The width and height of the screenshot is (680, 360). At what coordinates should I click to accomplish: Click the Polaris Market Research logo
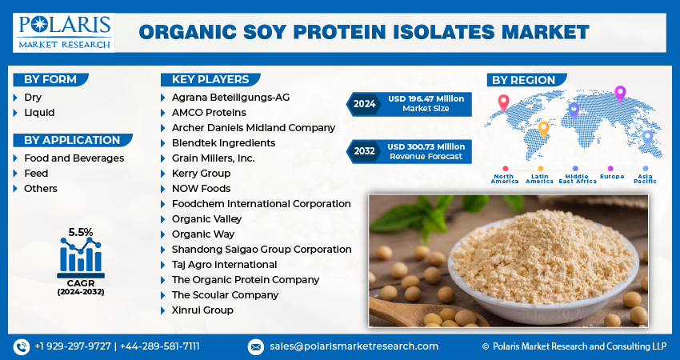tap(63, 31)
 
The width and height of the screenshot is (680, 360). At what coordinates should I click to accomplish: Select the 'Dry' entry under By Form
tap(33, 98)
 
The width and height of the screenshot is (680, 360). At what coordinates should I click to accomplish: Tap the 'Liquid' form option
tap(39, 113)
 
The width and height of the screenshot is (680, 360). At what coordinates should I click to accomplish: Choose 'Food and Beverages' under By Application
tap(74, 158)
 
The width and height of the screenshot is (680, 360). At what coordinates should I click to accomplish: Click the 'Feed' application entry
tap(36, 174)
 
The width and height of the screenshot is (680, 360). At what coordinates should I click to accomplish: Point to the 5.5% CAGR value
tap(80, 232)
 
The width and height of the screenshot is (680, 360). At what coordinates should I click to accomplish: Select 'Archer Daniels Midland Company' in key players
tap(253, 128)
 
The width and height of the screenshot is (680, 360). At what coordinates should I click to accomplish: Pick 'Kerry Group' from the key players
tap(201, 174)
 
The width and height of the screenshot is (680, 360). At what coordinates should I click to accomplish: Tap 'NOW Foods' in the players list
tap(201, 189)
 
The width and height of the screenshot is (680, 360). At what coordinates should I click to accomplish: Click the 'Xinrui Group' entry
tap(202, 310)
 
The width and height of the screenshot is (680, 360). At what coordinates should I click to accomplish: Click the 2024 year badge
tap(364, 103)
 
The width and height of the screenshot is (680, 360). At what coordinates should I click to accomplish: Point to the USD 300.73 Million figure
tap(426, 147)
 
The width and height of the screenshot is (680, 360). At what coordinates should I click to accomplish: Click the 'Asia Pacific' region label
tap(646, 179)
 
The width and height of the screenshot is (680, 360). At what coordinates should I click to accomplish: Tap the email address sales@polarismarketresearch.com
tap(353, 346)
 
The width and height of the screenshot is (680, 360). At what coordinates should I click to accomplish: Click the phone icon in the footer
tap(22, 346)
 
